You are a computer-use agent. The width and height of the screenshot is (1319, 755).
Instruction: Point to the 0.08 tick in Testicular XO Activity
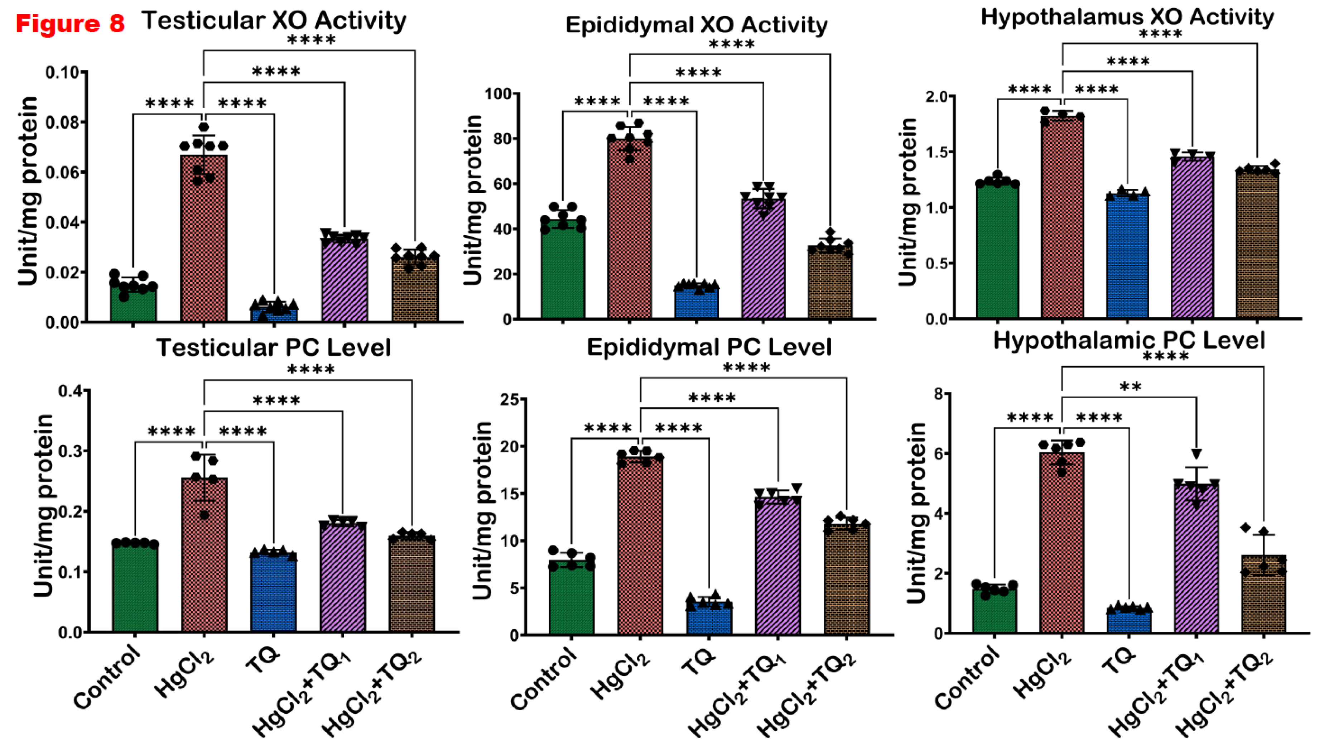click(65, 122)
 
